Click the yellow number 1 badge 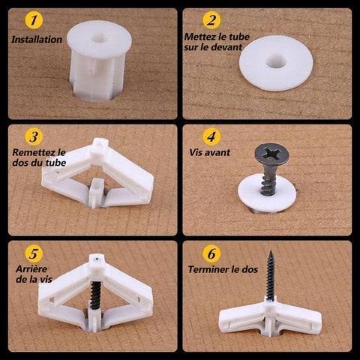click(34, 20)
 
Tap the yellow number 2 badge click(211, 20)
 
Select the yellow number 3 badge click(34, 136)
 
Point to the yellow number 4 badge click(211, 136)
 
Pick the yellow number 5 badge click(34, 253)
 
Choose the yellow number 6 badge click(211, 253)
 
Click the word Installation click(37, 40)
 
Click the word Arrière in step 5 click(31, 269)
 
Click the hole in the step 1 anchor click(99, 38)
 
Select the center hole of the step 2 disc click(276, 61)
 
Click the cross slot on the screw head click(271, 153)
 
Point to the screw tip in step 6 click(270, 252)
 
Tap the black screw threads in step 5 click(94, 295)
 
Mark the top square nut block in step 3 click(100, 146)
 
